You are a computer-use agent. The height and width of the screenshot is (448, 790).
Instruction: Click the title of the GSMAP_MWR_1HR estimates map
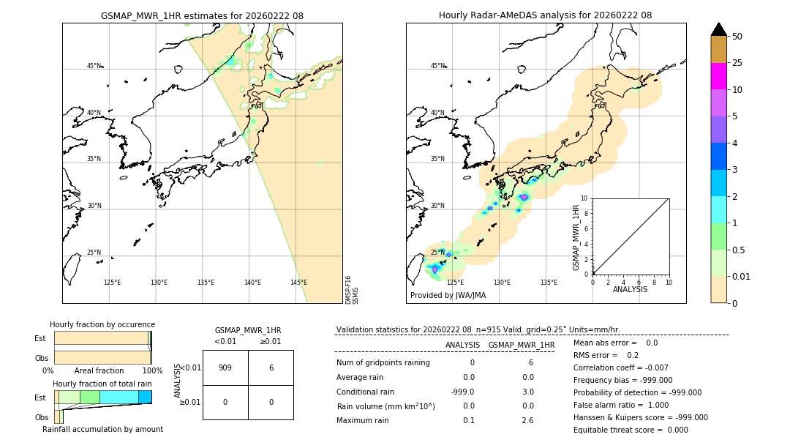202,15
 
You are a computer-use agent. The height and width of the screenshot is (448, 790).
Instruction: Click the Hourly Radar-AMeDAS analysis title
545,15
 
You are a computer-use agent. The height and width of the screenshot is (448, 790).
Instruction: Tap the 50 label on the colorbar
737,37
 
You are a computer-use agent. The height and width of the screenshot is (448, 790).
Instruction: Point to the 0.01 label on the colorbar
742,276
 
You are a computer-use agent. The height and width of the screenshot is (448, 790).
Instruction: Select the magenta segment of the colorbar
718,76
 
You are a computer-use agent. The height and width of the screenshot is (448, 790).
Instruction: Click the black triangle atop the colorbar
718,29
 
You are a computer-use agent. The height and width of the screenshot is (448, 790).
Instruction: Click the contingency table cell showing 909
225,367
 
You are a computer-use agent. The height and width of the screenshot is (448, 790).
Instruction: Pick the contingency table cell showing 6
271,367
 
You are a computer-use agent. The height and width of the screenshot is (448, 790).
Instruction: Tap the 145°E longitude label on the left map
298,283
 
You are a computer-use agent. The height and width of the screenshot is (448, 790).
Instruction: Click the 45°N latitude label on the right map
437,66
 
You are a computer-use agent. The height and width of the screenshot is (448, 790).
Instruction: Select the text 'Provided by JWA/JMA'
448,295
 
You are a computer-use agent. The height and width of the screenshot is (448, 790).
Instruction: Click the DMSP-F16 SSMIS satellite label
351,290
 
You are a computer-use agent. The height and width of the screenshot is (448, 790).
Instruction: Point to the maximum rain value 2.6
527,420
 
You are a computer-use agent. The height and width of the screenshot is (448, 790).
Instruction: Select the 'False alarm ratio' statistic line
620,405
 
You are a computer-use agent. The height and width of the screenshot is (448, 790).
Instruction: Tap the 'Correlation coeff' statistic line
620,367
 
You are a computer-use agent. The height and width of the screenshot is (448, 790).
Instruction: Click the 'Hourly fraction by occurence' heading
102,324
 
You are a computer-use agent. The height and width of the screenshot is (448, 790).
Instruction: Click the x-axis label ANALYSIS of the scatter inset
630,289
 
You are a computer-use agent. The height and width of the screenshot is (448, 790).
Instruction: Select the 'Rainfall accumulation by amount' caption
102,429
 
